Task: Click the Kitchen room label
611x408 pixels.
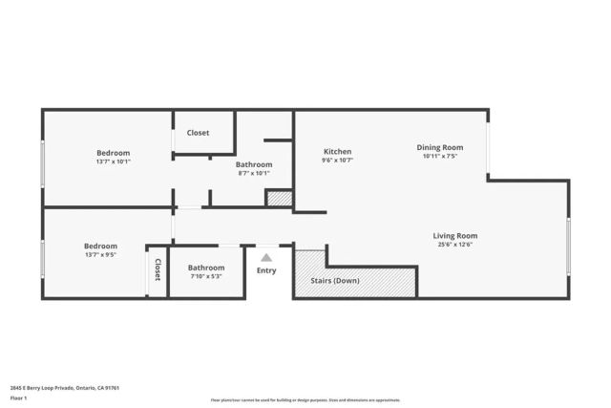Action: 337,152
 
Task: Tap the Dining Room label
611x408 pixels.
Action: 439,147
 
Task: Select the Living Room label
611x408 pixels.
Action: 454,236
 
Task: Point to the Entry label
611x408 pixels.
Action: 266,270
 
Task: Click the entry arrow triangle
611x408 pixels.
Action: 266,257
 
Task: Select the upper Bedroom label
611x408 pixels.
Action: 113,153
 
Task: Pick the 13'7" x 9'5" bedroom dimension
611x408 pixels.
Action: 100,255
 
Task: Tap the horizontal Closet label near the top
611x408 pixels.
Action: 198,133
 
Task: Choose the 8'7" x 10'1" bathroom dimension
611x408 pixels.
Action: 253,173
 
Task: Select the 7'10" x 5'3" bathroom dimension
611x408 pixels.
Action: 205,277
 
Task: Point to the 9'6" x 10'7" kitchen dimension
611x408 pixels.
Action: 337,161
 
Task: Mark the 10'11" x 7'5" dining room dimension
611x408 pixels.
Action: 439,156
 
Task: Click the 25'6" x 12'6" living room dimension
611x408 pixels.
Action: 454,245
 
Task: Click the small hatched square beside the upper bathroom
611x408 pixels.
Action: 278,199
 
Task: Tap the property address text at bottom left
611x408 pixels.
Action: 64,388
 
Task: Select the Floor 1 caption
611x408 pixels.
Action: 18,397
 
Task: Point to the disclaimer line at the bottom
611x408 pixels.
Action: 305,400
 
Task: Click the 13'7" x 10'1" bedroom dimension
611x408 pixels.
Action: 113,161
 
